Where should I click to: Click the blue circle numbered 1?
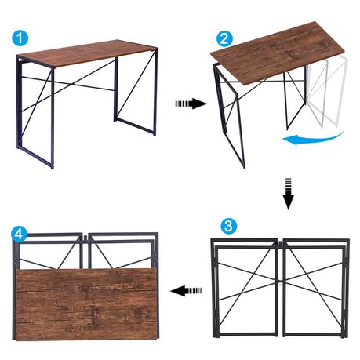[20, 38]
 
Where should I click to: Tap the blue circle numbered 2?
[224, 38]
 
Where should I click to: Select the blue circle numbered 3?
[229, 225]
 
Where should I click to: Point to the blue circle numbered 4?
[19, 235]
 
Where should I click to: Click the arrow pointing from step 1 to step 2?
[191, 104]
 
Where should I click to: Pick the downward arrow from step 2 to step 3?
[288, 194]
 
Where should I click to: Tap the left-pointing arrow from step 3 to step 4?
[186, 290]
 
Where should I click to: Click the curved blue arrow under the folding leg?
[312, 139]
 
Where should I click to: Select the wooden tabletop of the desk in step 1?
[89, 53]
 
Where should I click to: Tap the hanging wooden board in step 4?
[86, 304]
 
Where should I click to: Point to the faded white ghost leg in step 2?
[327, 92]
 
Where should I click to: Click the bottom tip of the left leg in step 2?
[244, 168]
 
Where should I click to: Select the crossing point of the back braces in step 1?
[71, 85]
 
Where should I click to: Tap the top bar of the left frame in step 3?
[244, 240]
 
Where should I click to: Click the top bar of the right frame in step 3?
[316, 240]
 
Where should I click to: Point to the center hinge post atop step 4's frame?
[85, 252]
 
